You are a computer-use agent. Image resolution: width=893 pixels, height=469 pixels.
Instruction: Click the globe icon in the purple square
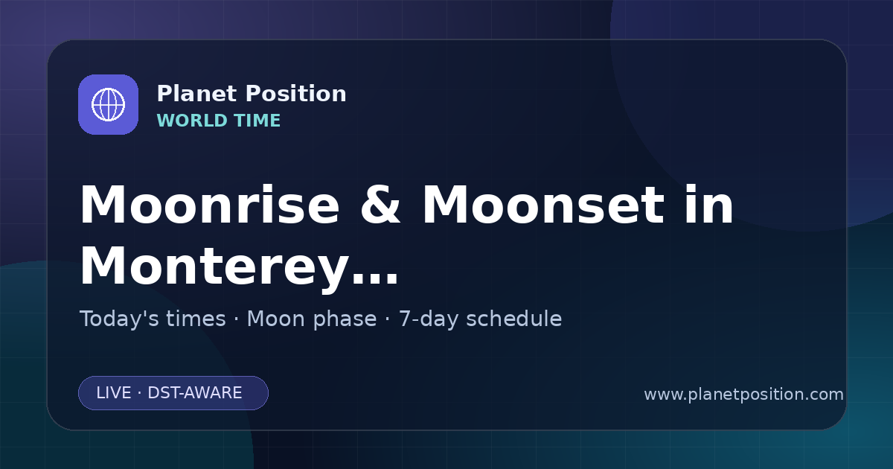click(x=108, y=104)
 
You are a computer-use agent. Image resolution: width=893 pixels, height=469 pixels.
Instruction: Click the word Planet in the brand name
click(x=196, y=94)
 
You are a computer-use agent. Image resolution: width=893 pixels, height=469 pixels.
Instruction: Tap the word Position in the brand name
click(x=295, y=94)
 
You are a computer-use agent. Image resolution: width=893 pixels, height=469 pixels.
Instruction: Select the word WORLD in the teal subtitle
click(x=191, y=121)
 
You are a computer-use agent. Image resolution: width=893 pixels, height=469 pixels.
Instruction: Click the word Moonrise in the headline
click(x=210, y=205)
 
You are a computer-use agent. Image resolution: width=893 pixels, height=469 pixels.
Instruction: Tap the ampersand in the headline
click(x=380, y=205)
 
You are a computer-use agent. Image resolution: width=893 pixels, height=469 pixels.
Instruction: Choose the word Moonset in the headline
click(x=543, y=205)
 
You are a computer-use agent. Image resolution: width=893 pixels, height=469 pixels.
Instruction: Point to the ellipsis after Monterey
click(x=375, y=278)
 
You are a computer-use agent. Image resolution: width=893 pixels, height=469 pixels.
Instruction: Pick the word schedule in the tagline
click(x=514, y=319)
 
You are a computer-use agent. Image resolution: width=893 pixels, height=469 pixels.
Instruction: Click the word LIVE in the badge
click(x=114, y=393)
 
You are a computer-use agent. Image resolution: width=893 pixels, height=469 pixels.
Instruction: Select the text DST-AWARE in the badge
click(x=194, y=393)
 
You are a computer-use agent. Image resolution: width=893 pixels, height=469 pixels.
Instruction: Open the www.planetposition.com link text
click(x=743, y=395)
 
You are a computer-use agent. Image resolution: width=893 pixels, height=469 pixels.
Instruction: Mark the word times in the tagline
click(x=196, y=319)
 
